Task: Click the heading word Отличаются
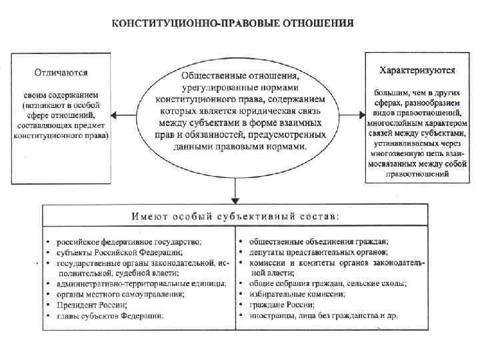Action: click(61, 71)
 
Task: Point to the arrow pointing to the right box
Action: click(357, 115)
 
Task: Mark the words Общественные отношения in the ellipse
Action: click(236, 70)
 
